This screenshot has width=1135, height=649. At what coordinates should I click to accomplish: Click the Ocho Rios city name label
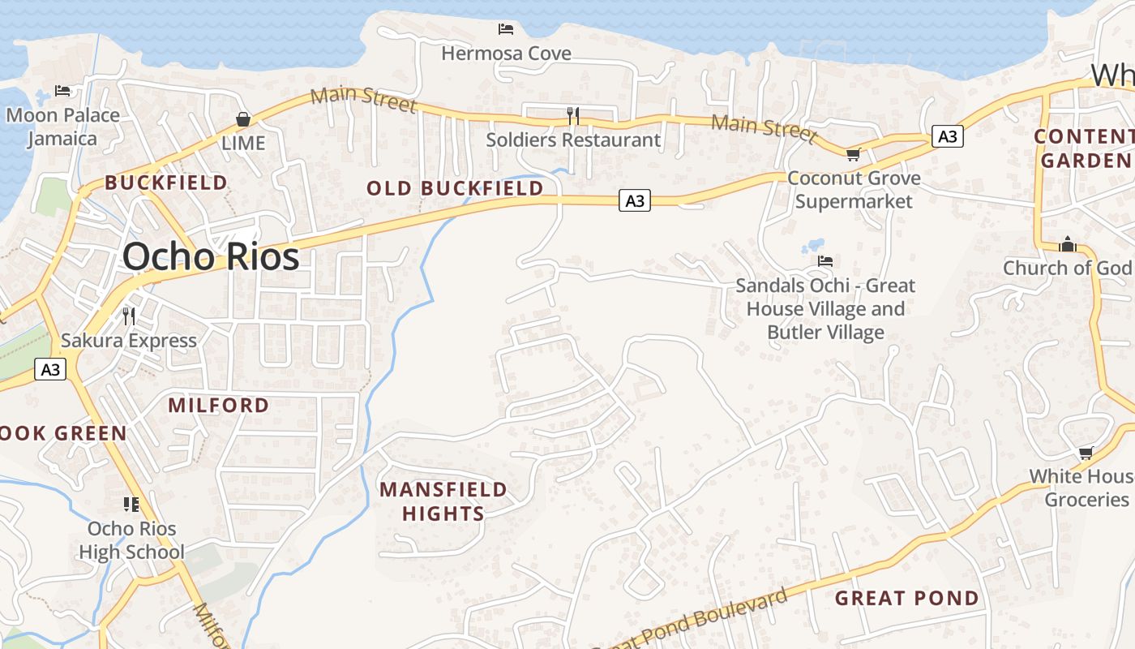coord(211,256)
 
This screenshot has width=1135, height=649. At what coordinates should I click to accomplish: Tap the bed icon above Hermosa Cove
coord(506,29)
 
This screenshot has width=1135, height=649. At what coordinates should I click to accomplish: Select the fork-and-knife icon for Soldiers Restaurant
coord(572,116)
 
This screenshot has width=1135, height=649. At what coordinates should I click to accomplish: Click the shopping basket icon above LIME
coord(242,119)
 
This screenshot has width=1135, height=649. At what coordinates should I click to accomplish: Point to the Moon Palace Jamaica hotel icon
coord(62,90)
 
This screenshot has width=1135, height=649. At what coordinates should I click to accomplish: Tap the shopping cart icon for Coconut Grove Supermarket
coord(852,154)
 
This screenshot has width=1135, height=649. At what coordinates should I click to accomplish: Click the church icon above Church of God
coord(1068,244)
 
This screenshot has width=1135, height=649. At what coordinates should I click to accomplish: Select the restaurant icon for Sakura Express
coord(128,316)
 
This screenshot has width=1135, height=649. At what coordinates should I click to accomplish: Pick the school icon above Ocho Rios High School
coord(131,505)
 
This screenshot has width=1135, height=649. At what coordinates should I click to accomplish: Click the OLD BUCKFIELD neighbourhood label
coord(455,188)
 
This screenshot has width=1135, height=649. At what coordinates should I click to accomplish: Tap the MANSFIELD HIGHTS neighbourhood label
coord(443,501)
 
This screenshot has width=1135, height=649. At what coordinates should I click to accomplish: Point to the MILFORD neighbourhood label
coord(218,405)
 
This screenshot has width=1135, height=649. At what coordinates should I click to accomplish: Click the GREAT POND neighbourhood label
coord(906,599)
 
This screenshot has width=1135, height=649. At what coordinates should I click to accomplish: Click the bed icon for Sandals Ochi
coord(825,261)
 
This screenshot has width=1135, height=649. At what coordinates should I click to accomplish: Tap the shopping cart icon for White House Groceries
coord(1086,453)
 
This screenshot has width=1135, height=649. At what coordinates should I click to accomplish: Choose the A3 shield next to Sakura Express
coord(50,370)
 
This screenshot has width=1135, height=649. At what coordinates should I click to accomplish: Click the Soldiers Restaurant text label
coord(572,140)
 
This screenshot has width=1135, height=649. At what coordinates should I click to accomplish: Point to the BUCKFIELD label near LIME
coord(166,183)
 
